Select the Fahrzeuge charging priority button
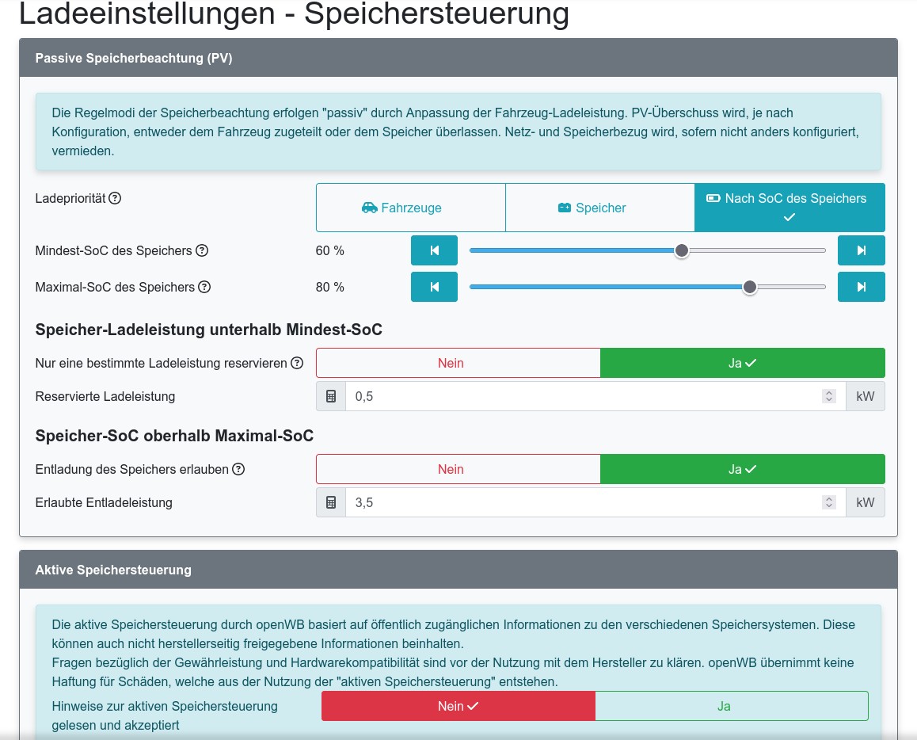[410, 208]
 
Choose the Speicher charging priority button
[600, 208]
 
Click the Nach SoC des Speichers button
[790, 208]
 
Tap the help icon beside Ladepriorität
[115, 198]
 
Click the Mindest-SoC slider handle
[681, 250]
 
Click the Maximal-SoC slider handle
[750, 287]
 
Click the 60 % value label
[330, 250]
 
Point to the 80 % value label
[330, 287]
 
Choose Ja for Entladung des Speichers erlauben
[742, 469]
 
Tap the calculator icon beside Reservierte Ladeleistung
[331, 396]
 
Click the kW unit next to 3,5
[866, 502]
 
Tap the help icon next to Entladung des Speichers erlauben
[238, 469]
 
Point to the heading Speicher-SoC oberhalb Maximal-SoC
[174, 436]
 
